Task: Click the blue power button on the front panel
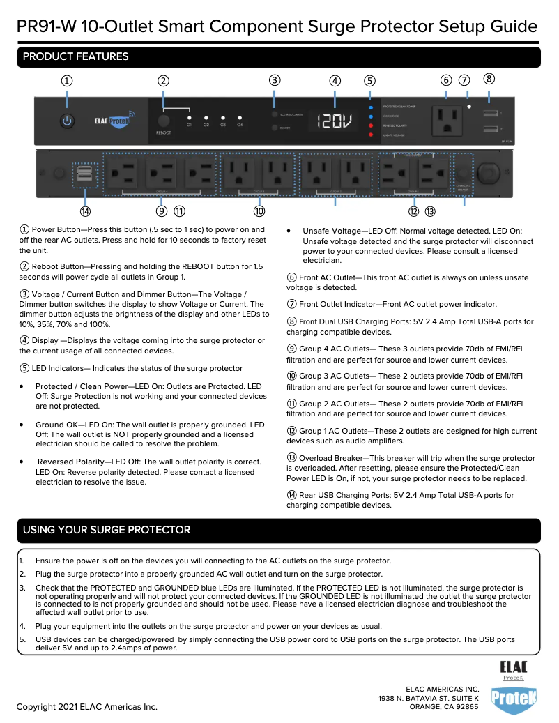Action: (x=67, y=121)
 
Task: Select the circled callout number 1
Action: (x=67, y=80)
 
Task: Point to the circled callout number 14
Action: (x=85, y=211)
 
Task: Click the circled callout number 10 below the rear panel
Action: (x=259, y=211)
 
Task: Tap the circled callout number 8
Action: (x=489, y=79)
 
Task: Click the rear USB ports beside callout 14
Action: (x=84, y=175)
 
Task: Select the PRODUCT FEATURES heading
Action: (x=76, y=56)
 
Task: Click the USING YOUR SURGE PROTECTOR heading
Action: (x=107, y=530)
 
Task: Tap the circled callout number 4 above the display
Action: (x=335, y=80)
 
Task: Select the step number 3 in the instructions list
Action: (x=22, y=588)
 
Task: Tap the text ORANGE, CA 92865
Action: (x=443, y=706)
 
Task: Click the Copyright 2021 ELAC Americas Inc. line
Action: (x=87, y=707)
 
